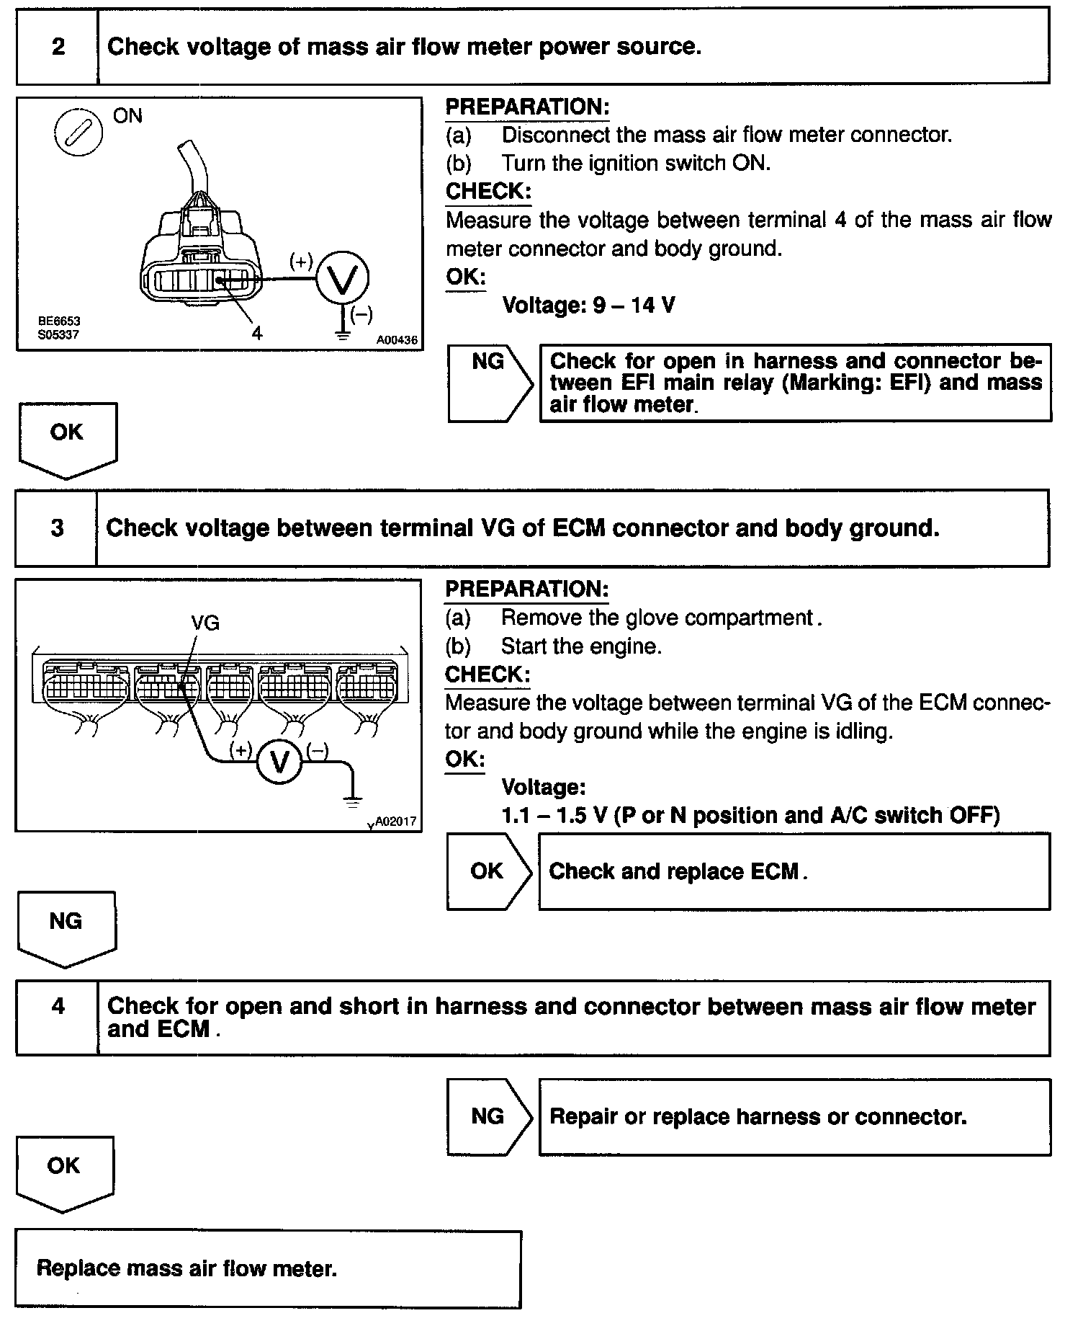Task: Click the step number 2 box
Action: tap(58, 47)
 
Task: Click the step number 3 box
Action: tap(57, 528)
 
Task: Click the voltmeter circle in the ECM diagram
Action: tap(279, 762)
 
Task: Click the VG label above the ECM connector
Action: tap(205, 623)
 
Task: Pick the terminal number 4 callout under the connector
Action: tap(257, 332)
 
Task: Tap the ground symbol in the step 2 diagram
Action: tap(343, 332)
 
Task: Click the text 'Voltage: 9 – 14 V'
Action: tap(588, 306)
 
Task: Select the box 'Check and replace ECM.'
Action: tap(794, 872)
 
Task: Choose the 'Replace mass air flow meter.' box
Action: tap(267, 1268)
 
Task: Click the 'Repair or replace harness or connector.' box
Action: tap(794, 1116)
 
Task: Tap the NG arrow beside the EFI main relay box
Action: tap(489, 382)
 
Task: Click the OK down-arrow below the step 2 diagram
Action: tap(66, 438)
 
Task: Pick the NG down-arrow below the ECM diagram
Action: tap(66, 927)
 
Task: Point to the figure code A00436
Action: tap(397, 339)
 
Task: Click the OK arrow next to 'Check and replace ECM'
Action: tap(487, 871)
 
